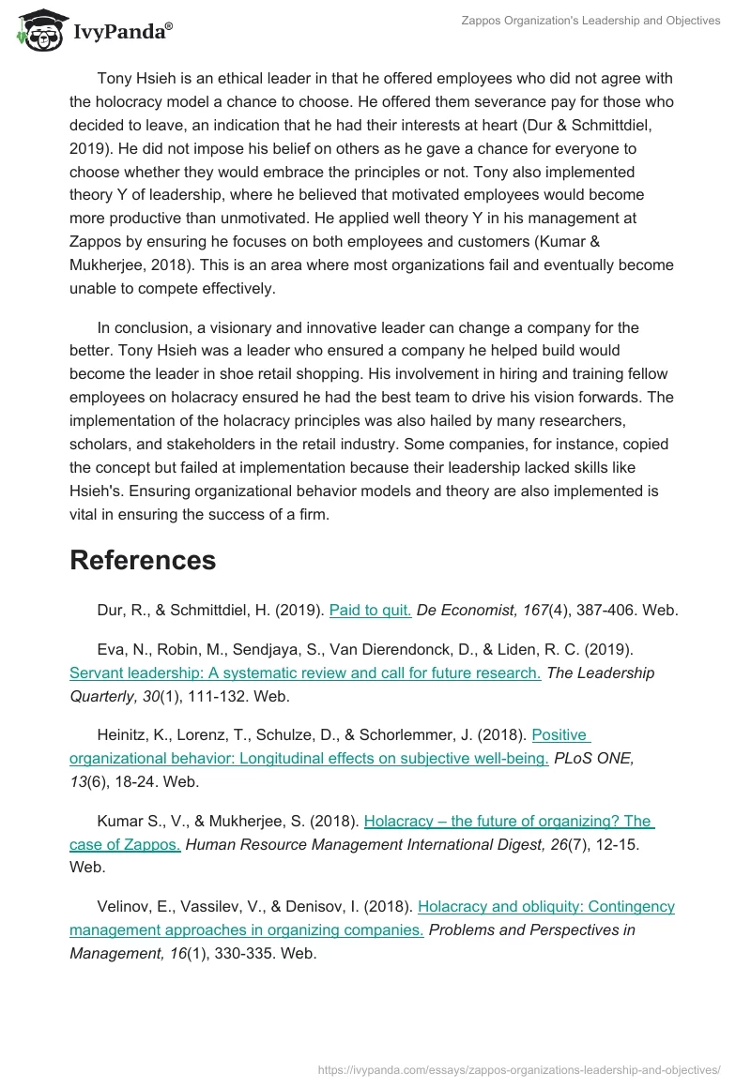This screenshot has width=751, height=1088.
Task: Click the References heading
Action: point(143,560)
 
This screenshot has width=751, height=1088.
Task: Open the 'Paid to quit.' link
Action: point(370,610)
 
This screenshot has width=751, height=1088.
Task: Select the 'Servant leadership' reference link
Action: point(305,672)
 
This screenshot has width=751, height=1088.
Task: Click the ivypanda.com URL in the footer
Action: point(519,1068)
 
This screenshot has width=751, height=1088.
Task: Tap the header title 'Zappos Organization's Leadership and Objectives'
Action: point(590,21)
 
